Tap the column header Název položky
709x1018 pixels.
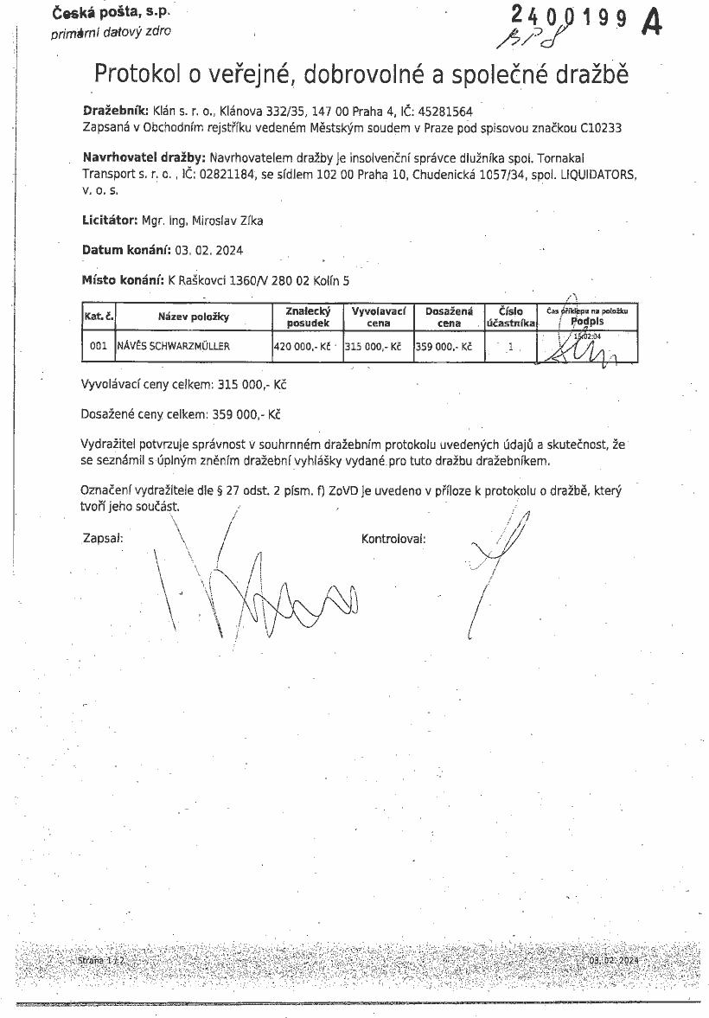tap(193, 317)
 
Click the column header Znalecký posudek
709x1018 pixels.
tap(308, 317)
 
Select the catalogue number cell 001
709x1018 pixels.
tap(99, 346)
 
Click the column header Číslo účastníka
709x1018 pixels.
tap(510, 317)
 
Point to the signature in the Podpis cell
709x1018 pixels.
tap(584, 349)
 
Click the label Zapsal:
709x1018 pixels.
tap(103, 538)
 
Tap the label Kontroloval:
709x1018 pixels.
tap(393, 538)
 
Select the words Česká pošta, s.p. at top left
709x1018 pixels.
tap(111, 13)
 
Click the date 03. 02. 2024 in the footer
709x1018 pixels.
tap(613, 960)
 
